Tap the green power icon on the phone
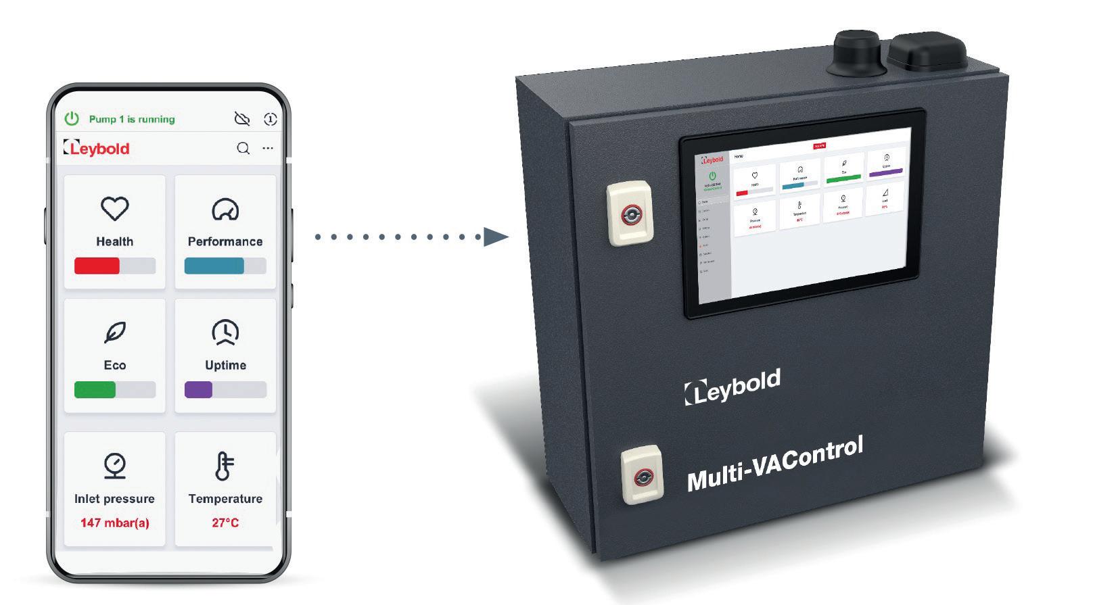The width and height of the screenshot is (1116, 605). pyautogui.click(x=71, y=119)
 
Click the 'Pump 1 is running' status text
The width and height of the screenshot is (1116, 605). pyautogui.click(x=132, y=119)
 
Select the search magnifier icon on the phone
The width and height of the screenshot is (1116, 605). pyautogui.click(x=243, y=148)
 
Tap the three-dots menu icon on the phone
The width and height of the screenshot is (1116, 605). pyautogui.click(x=268, y=148)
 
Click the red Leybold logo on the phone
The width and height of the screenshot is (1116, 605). pyautogui.click(x=96, y=148)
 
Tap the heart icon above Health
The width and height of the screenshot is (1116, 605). pyautogui.click(x=114, y=209)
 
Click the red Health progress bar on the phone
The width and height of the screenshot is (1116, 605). pyautogui.click(x=97, y=266)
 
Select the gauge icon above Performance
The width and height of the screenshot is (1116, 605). pyautogui.click(x=225, y=210)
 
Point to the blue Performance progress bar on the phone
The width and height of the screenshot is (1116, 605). pyautogui.click(x=214, y=266)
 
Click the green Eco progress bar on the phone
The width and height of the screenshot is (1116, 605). pyautogui.click(x=95, y=390)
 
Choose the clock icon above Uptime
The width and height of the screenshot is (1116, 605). pyautogui.click(x=225, y=332)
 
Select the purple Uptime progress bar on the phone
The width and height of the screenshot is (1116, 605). pyautogui.click(x=198, y=390)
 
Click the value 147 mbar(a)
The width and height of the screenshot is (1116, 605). pyautogui.click(x=114, y=523)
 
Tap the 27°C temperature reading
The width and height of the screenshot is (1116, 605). pyautogui.click(x=225, y=523)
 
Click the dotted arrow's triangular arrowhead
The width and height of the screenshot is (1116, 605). pyautogui.click(x=496, y=237)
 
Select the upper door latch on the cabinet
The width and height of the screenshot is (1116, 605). pyautogui.click(x=630, y=214)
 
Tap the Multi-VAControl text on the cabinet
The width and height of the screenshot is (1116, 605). pyautogui.click(x=775, y=464)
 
